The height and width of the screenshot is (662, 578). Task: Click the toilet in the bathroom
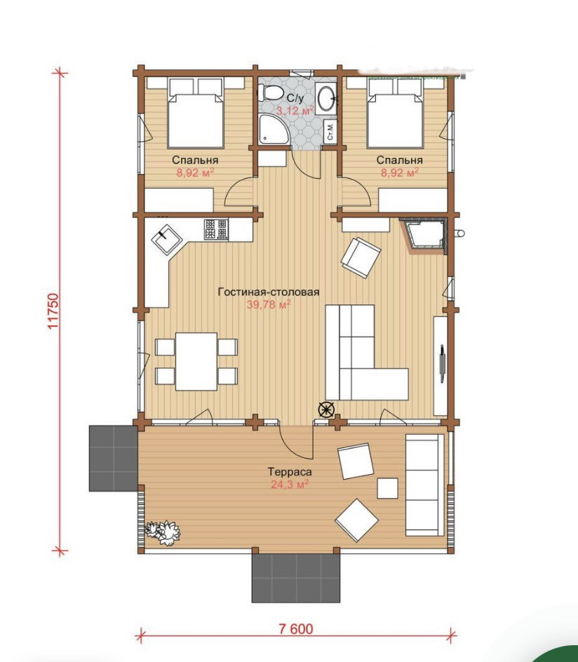point(269,93)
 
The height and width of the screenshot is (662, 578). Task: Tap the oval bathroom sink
point(326,98)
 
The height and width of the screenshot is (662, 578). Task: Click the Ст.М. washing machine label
point(330,131)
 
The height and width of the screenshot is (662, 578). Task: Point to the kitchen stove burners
point(216,229)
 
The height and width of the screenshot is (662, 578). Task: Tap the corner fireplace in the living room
point(424,235)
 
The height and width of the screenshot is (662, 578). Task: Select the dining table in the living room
point(196,361)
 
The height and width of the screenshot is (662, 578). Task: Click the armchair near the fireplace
point(361,257)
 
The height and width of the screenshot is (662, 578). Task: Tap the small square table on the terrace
point(388,488)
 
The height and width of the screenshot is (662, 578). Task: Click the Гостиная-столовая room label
point(269,292)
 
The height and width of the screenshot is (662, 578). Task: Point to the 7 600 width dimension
point(296,628)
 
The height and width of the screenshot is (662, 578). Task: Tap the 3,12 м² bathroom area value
point(295,111)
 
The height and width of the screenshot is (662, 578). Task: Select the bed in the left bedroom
point(195,112)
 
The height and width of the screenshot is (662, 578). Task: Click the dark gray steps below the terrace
point(296,578)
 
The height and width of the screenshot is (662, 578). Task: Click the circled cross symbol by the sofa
point(326,409)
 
